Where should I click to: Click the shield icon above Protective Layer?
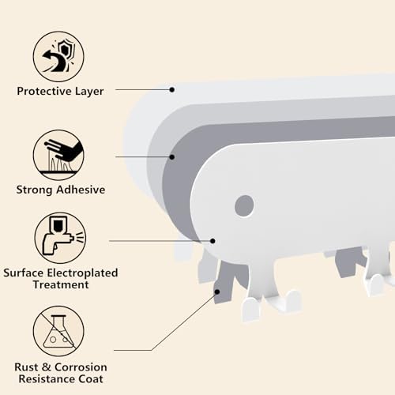(58, 57)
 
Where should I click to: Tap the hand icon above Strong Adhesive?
(58, 155)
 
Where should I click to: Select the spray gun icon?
(60, 238)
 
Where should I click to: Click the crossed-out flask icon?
(58, 331)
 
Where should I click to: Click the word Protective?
(44, 91)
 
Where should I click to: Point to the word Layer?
(89, 92)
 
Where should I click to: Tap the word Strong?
(35, 190)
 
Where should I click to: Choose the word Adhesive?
(81, 190)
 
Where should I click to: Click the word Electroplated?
(82, 273)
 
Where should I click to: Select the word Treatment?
(61, 284)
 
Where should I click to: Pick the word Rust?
(26, 367)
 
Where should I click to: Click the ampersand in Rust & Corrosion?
(47, 367)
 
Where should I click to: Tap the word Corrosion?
(81, 367)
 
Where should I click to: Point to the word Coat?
(91, 379)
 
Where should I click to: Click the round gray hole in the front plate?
(244, 206)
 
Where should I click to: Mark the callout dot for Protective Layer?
(172, 90)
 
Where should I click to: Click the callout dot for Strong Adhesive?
(172, 157)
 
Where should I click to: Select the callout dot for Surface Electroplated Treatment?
(213, 241)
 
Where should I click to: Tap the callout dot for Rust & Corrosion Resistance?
(217, 292)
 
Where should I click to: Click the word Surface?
(24, 273)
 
